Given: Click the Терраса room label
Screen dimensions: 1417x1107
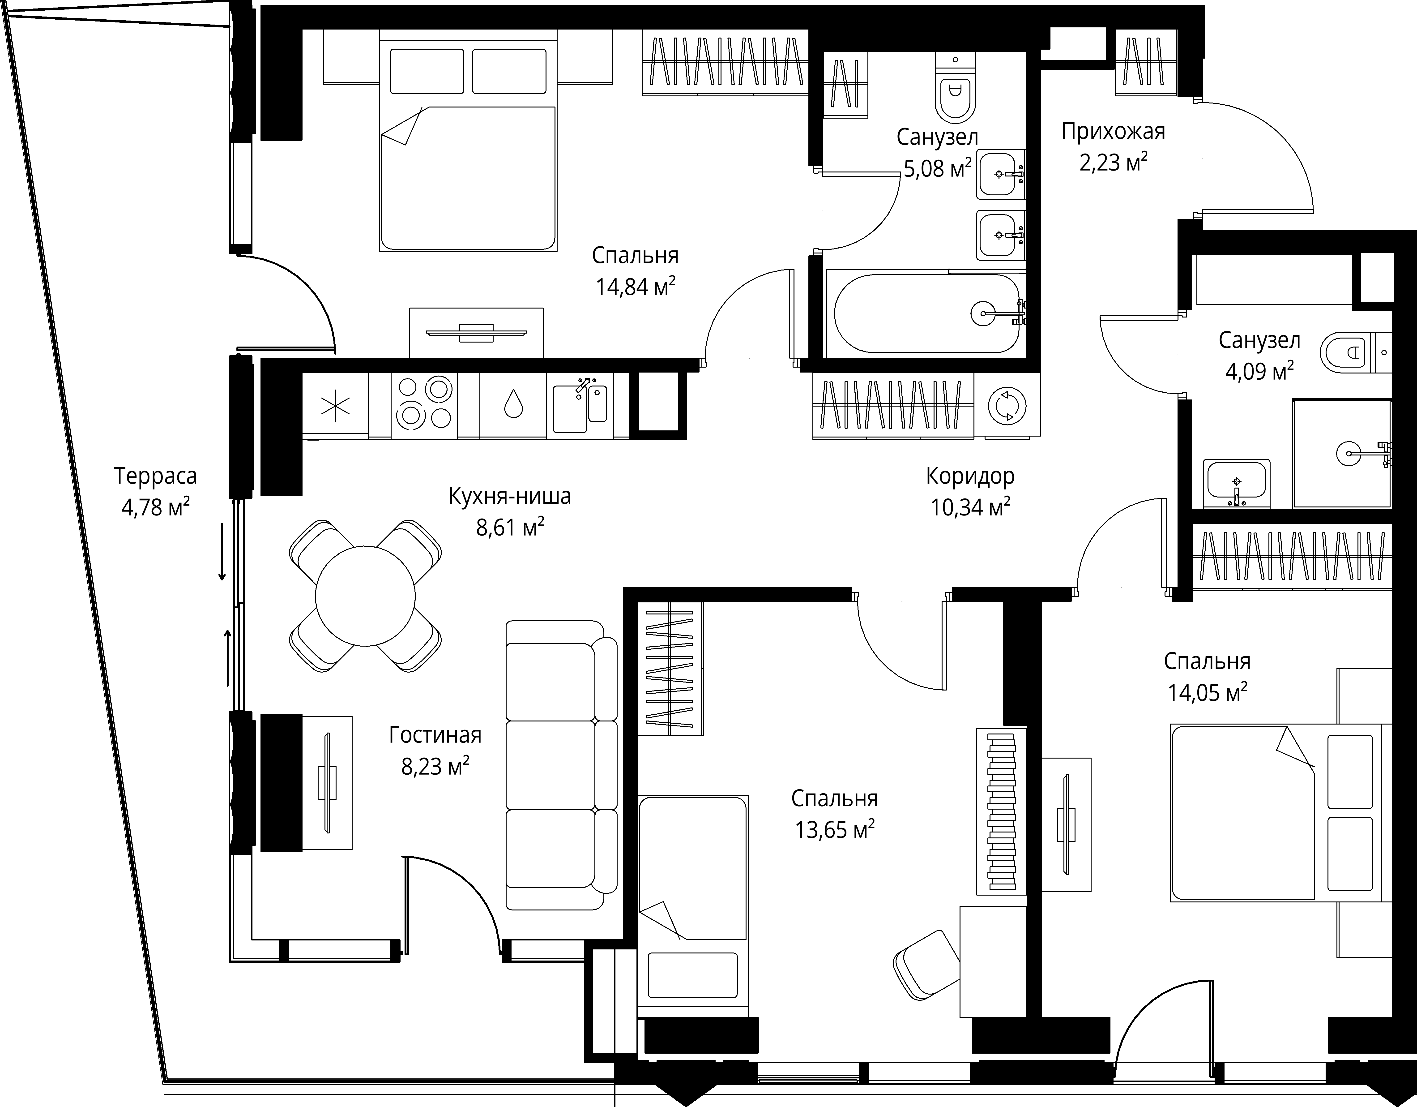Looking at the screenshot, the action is pyautogui.click(x=156, y=476).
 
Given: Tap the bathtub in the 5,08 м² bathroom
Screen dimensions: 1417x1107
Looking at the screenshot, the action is pyautogui.click(x=926, y=313).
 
